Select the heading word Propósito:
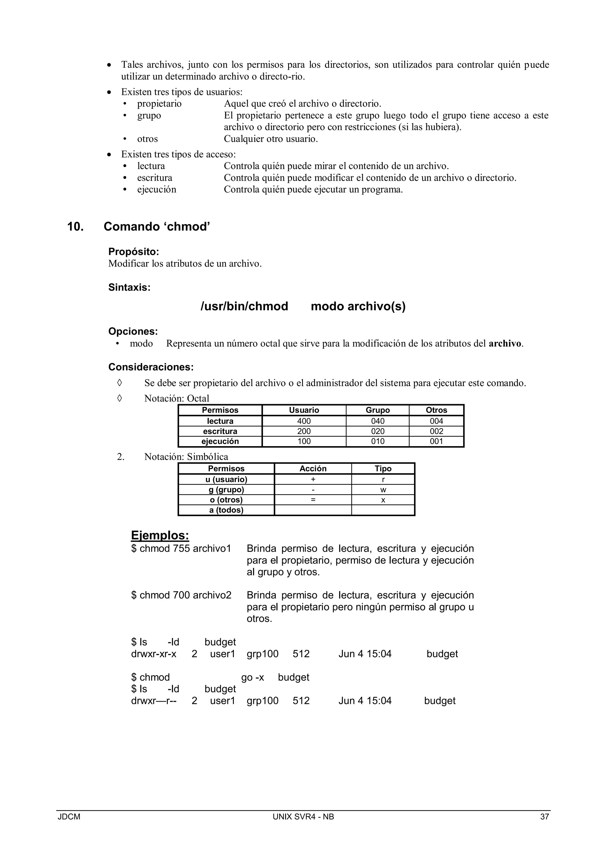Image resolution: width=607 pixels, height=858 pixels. coord(133,252)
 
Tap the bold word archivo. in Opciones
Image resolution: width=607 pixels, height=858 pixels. coord(506,343)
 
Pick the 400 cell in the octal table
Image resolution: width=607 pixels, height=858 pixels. coord(303,421)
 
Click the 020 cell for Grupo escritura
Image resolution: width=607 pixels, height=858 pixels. coord(378,431)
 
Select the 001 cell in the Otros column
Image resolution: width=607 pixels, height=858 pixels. coord(436,441)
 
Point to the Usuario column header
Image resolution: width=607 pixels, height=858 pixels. coord(303,410)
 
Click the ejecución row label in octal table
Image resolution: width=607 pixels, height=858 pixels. coord(220,441)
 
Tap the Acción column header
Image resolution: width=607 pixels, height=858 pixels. coord(313,469)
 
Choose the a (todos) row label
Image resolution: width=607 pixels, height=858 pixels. coord(226,510)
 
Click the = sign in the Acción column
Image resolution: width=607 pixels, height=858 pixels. coord(313,500)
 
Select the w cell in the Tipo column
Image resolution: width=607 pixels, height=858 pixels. coord(383,489)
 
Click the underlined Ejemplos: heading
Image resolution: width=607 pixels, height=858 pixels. coord(160,535)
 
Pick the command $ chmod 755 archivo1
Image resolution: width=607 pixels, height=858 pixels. coord(181,549)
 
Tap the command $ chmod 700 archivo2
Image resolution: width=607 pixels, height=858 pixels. coord(181,595)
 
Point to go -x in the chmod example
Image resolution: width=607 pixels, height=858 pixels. coord(253,678)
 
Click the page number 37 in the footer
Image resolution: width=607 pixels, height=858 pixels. coord(544,817)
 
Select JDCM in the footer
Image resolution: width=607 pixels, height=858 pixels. coord(69,817)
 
